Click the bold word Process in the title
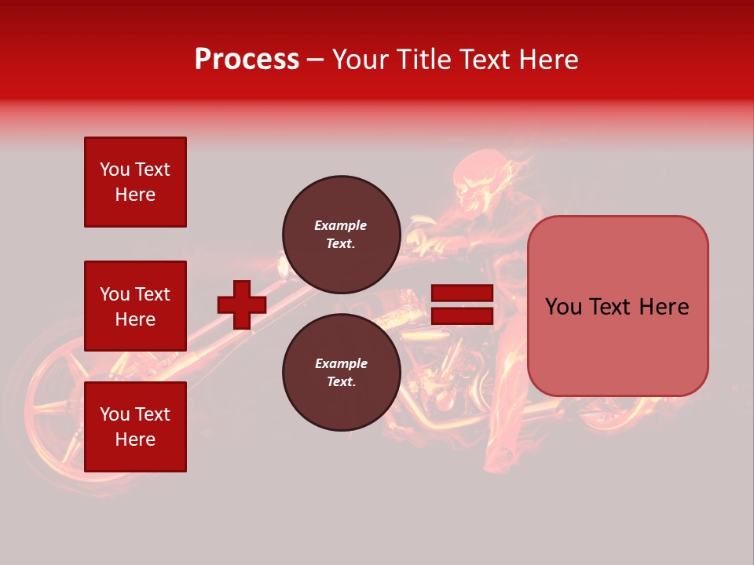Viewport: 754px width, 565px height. (247, 59)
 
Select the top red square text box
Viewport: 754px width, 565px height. (135, 182)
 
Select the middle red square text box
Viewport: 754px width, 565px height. (135, 306)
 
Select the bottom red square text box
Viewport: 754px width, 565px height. (135, 426)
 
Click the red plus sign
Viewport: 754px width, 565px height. (242, 304)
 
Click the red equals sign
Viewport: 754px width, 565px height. (462, 304)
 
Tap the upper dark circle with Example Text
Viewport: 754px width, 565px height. (341, 234)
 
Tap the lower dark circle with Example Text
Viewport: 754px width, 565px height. (341, 372)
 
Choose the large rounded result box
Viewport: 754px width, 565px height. (617, 305)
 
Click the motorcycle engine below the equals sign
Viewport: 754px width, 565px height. (456, 369)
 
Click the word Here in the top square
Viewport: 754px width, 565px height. (135, 195)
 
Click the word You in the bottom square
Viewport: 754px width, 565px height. (115, 414)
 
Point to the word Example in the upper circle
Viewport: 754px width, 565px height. (341, 225)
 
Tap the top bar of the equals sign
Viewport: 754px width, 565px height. (462, 293)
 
